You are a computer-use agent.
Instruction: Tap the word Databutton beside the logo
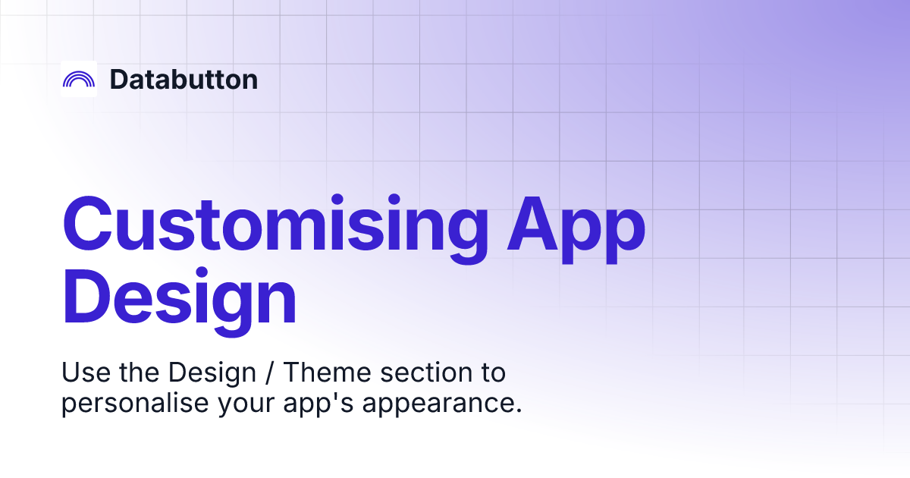click(184, 79)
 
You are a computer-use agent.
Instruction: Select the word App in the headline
click(576, 230)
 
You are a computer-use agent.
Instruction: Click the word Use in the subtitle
click(86, 373)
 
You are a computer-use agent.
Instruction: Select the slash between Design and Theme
click(269, 373)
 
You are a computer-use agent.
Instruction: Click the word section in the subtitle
click(426, 373)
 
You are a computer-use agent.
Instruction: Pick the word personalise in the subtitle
click(135, 404)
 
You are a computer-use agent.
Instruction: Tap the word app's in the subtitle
click(318, 404)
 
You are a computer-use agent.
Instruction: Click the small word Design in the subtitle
click(212, 373)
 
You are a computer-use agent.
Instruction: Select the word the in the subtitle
click(139, 373)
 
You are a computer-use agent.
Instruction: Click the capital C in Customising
click(87, 224)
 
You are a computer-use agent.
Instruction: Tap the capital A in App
click(532, 224)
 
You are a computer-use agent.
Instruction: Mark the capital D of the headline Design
click(84, 296)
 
